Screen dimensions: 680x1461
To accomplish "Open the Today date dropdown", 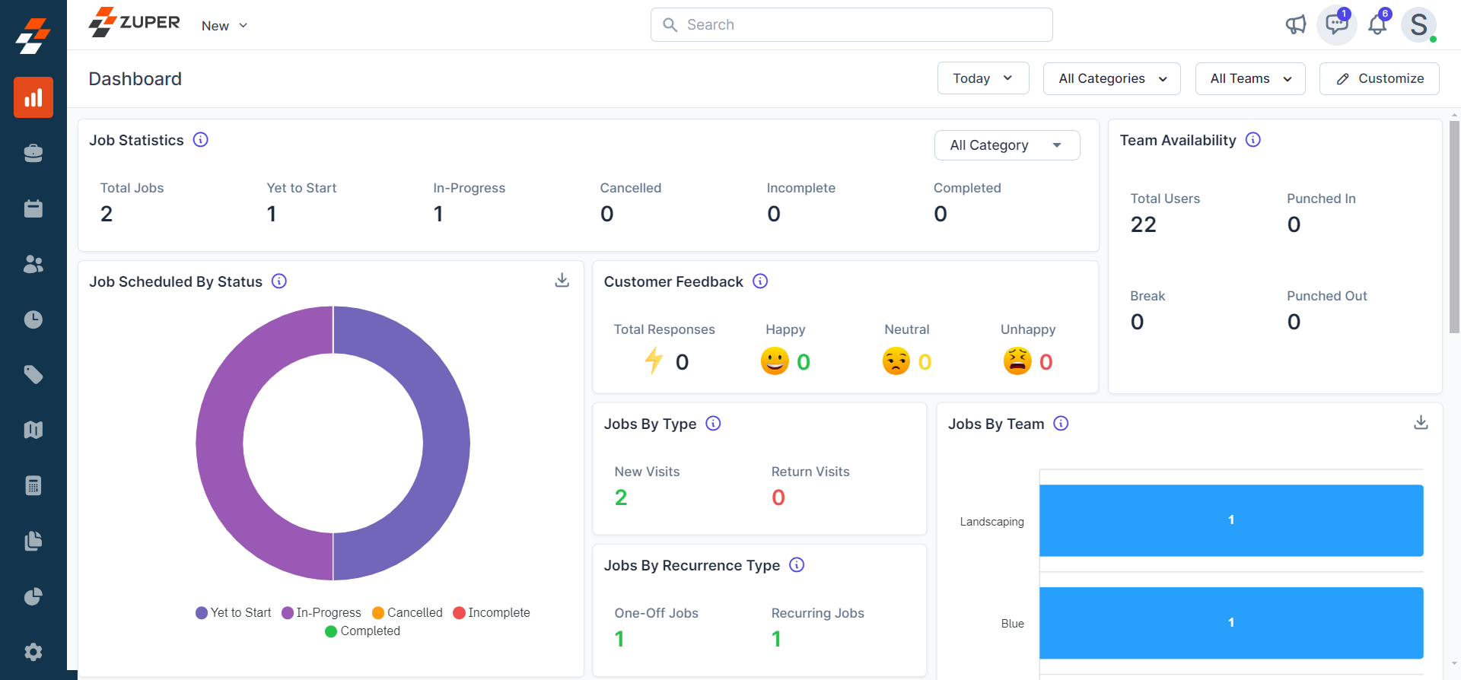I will pos(982,78).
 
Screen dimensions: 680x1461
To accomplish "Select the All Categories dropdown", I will pos(1111,78).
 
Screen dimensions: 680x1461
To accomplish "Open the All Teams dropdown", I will pos(1249,78).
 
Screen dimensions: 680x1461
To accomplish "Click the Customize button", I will pos(1379,78).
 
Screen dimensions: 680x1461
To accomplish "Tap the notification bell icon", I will pos(1377,25).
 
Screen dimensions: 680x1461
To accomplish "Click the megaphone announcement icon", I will pos(1295,25).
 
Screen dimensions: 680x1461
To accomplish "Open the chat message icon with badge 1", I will pos(1336,25).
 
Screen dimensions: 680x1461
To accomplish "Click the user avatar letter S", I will pos(1418,25).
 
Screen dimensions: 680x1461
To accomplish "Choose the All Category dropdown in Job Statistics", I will pos(1006,145).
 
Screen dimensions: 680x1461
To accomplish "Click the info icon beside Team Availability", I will pos(1253,140).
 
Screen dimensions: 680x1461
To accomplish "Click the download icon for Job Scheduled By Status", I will pos(562,281).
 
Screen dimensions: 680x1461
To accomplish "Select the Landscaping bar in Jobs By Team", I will pos(1230,520).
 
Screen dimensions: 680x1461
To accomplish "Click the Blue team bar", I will pos(1230,622).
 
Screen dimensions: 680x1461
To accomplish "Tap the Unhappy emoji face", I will pos(1017,361).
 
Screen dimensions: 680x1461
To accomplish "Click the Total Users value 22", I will pos(1143,224).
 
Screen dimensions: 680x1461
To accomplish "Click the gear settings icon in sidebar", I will pos(33,652).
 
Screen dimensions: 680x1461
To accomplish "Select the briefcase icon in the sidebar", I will pos(33,153).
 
